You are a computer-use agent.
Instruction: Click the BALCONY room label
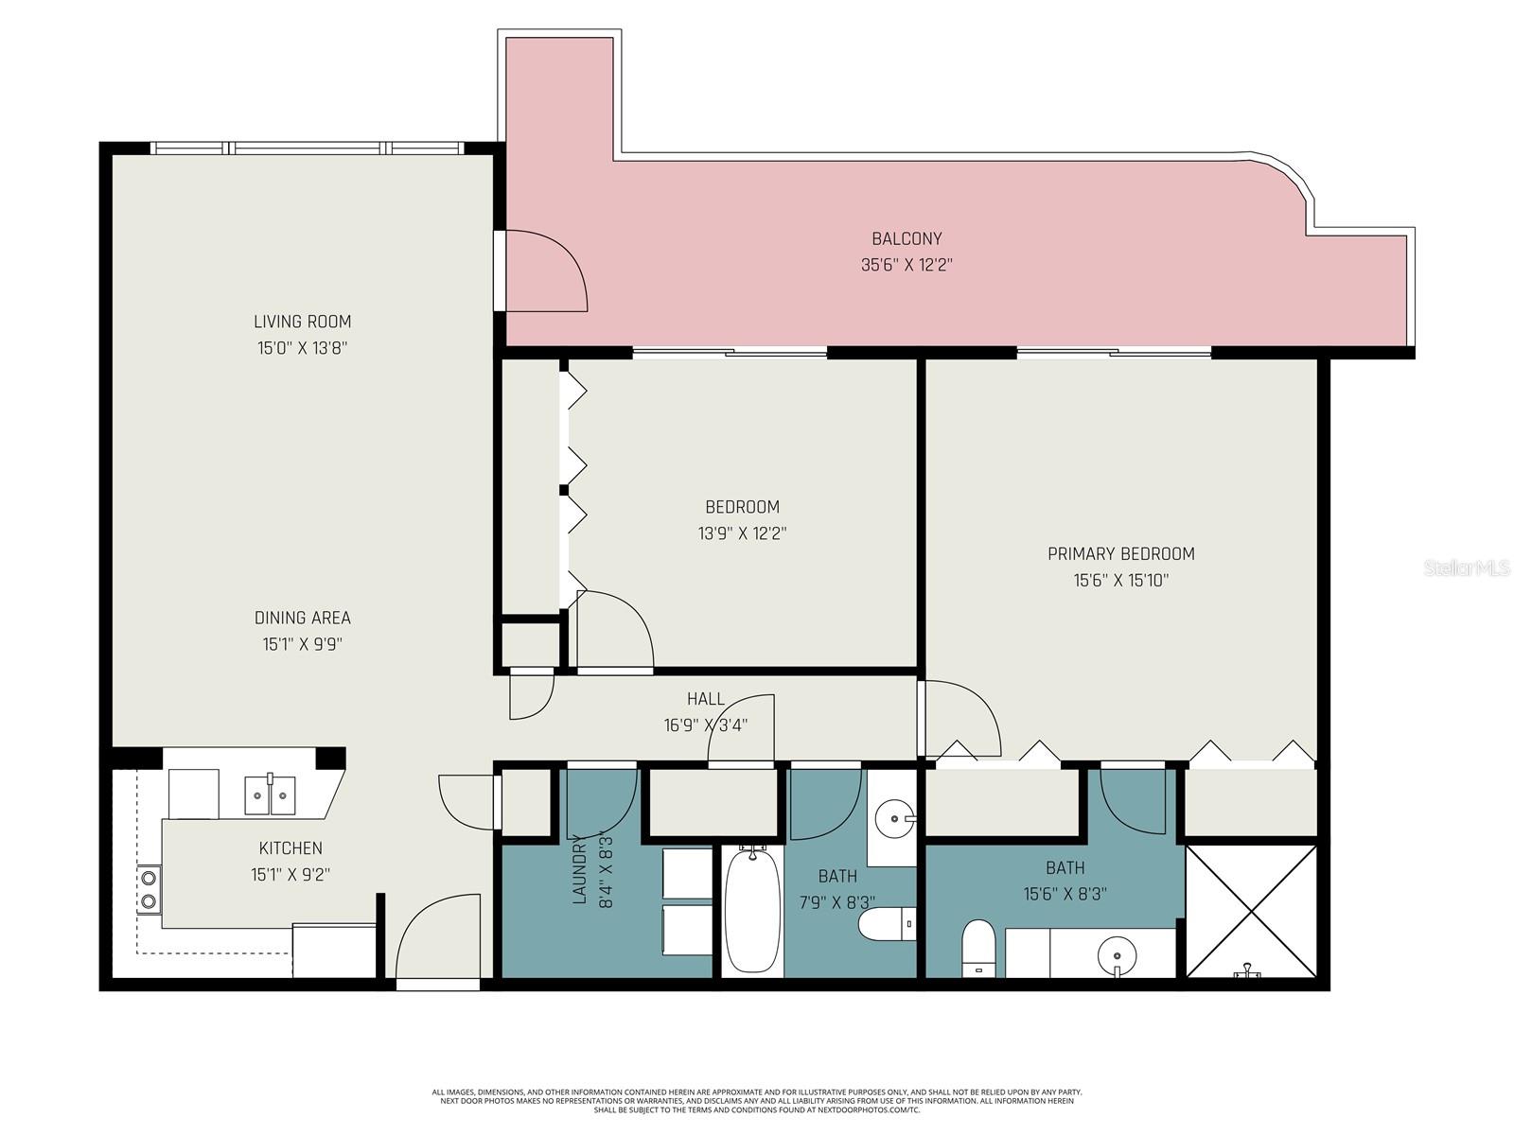point(907,239)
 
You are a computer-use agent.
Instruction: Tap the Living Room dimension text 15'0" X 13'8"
point(303,348)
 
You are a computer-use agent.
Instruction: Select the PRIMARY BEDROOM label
point(1120,554)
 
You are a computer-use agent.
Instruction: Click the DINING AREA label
point(303,619)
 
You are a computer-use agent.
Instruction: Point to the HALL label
point(706,699)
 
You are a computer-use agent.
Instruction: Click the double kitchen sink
point(271,794)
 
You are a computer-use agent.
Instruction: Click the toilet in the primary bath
point(977,949)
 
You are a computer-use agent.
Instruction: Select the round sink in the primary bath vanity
point(1118,948)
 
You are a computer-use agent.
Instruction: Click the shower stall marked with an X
point(1251,910)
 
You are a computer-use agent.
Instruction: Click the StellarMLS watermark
point(1467,568)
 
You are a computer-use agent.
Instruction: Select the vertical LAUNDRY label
point(580,868)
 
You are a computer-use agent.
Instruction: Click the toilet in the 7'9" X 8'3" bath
point(886,924)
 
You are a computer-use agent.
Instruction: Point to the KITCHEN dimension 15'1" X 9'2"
point(290,876)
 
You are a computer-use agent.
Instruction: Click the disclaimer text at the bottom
point(757,1101)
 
